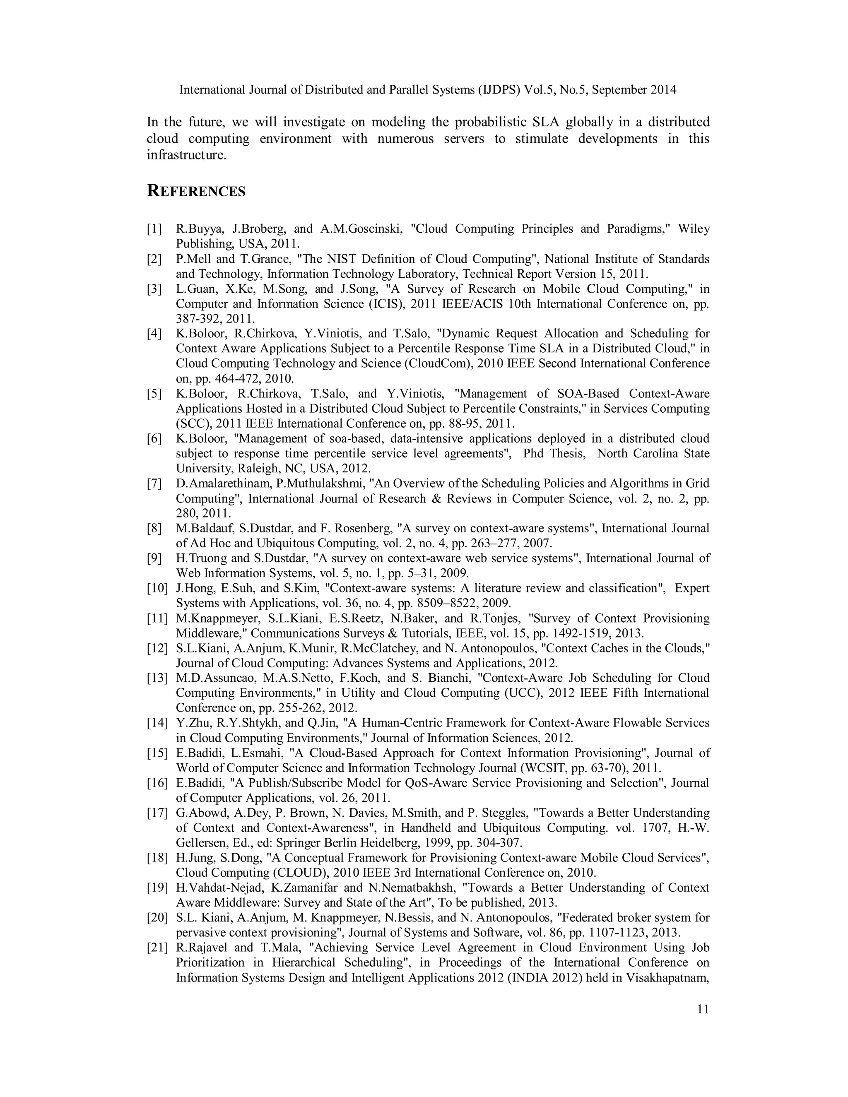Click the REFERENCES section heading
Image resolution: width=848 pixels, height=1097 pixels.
196,191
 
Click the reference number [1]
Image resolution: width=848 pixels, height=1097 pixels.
154,229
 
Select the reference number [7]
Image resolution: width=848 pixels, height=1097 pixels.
154,484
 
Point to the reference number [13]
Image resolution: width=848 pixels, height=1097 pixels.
157,678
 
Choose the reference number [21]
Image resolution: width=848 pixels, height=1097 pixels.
157,948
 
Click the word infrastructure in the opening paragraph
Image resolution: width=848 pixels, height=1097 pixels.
186,155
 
